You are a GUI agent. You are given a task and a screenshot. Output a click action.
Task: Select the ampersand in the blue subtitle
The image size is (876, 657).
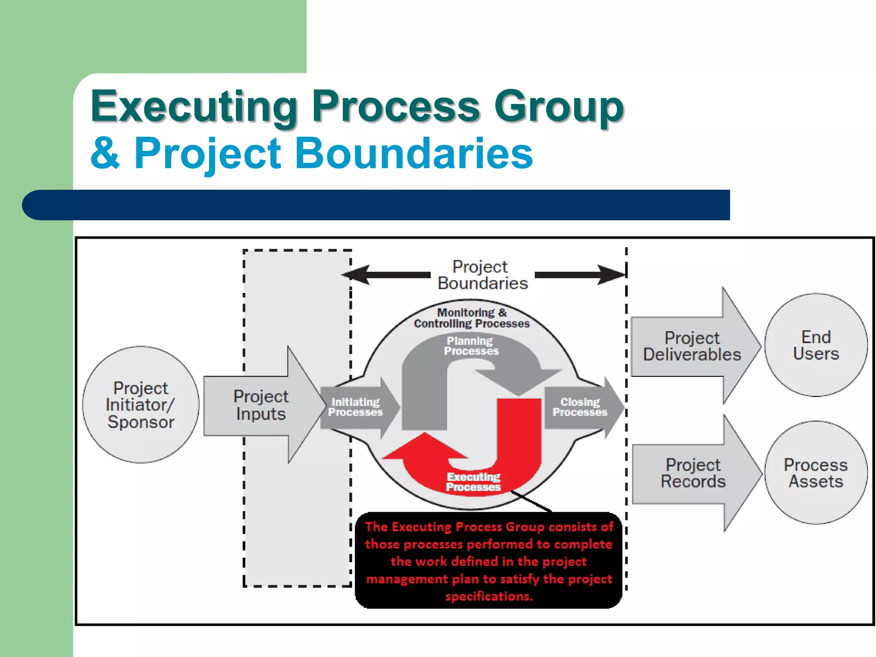[x=105, y=153]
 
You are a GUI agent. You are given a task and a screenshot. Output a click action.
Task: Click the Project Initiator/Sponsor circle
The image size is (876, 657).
[x=141, y=405]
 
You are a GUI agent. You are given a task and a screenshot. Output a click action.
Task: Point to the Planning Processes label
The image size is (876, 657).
[x=471, y=346]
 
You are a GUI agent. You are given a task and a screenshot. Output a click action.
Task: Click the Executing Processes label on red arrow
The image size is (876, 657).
[x=473, y=482]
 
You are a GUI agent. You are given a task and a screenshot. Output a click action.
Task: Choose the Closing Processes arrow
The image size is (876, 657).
[x=580, y=407]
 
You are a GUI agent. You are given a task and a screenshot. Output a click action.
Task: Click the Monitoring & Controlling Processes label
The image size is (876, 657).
[x=471, y=318]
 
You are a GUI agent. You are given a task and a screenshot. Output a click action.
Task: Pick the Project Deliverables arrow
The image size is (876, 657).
[x=692, y=346]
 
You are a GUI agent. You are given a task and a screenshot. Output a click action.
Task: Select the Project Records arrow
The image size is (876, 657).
[x=693, y=473]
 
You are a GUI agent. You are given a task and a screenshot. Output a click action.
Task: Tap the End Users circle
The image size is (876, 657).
[x=816, y=345]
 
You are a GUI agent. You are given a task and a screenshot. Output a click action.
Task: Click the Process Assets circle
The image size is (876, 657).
[x=816, y=473]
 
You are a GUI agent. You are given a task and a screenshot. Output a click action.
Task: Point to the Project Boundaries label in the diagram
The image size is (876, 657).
[x=482, y=275]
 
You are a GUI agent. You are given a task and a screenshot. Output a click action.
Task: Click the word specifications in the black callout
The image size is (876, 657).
[x=488, y=596]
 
